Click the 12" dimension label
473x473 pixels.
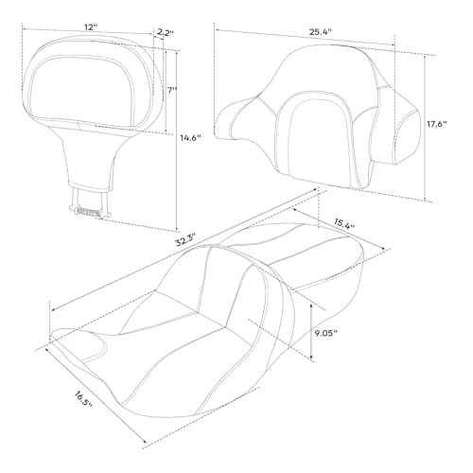90,27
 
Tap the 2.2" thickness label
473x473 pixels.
166,32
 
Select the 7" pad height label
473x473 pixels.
172,90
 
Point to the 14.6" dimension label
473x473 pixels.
190,137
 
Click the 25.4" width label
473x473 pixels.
321,31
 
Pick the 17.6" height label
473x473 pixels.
437,124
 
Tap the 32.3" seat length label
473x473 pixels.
186,239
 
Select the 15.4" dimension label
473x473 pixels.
344,223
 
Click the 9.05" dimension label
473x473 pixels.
326,333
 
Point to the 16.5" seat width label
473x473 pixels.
83,399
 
